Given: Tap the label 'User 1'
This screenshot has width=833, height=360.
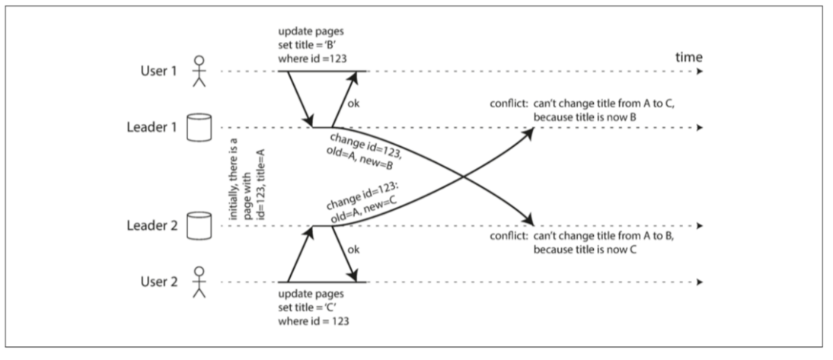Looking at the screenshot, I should pyautogui.click(x=160, y=71).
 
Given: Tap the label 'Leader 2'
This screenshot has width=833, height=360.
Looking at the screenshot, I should pyautogui.click(x=153, y=226).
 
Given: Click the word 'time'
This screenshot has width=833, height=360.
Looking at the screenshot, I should pyautogui.click(x=688, y=58).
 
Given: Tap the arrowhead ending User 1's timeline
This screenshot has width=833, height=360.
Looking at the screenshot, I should pyautogui.click(x=698, y=71).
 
